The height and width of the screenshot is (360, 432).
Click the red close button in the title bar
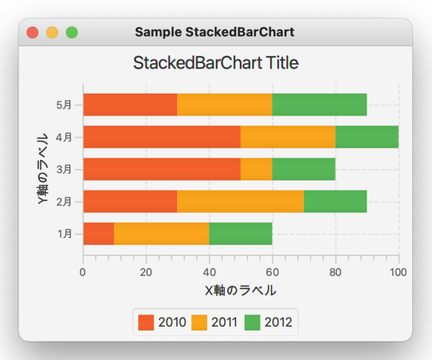33,33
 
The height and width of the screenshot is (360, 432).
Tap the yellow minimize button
52,33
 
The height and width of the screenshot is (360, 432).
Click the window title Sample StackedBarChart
215,32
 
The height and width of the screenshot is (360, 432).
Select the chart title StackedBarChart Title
216,63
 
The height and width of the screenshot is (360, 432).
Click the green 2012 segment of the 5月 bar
319,105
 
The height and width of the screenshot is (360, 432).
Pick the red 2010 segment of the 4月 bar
162,137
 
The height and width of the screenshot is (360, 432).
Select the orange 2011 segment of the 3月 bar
256,169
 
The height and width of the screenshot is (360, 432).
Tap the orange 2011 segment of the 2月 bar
241,201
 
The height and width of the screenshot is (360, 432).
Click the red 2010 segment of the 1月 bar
99,233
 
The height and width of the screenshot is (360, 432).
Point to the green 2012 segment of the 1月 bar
241,233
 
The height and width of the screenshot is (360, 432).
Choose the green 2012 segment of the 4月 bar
367,137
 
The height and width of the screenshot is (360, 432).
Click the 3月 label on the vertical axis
64,169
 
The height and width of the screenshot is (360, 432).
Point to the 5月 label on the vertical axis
64,105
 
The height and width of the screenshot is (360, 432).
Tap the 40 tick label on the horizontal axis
209,272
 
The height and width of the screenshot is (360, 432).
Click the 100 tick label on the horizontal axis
398,272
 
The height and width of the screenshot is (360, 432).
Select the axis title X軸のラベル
241,291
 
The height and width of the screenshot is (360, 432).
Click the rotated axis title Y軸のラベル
43,169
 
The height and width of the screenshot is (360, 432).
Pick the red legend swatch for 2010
146,322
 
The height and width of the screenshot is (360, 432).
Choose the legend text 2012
278,322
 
